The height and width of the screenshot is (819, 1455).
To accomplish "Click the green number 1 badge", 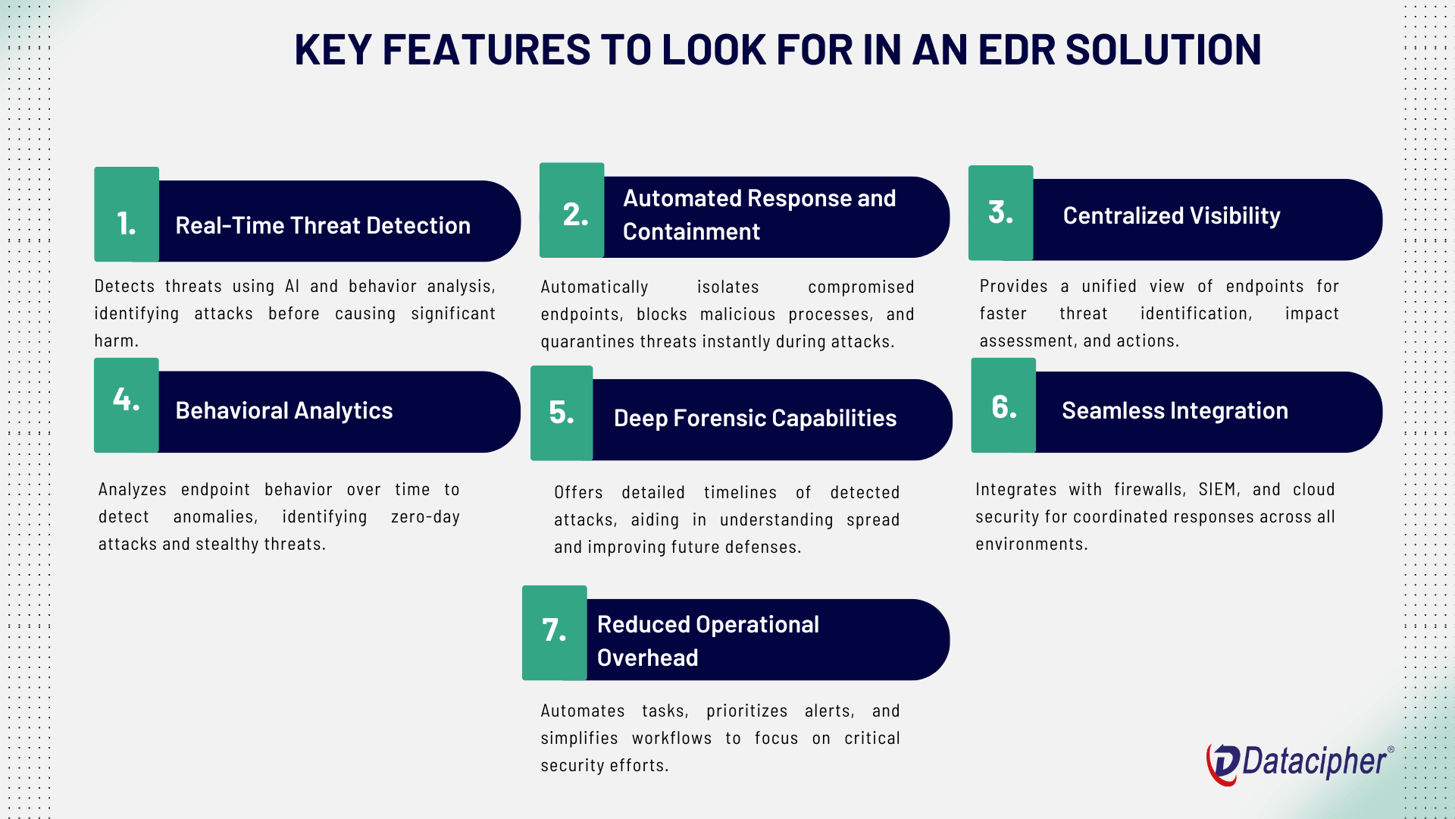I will coord(127,215).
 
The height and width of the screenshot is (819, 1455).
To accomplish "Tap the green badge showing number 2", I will coord(572,210).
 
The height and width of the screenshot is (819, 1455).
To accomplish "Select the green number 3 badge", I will coord(1001,213).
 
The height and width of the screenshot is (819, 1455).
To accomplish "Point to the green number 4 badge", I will coord(127,405).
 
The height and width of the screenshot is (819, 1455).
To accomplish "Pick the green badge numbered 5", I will coord(562,413).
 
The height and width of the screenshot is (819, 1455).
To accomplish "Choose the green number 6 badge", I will coord(1003,406).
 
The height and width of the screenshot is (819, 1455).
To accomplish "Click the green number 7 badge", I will coord(555,632).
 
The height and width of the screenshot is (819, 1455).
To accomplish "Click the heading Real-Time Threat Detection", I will coord(323,225).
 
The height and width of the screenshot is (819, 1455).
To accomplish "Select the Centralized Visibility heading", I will coord(1172,215).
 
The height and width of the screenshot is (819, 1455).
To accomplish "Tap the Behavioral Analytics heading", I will coord(284,410).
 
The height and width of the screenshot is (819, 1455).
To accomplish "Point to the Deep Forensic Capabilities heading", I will coord(755,418).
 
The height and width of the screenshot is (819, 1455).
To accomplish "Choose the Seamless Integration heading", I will coord(1175,410).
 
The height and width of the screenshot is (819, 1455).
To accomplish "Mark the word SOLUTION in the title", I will coord(1163,50).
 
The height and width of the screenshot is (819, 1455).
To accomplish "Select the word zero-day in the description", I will coord(425,517).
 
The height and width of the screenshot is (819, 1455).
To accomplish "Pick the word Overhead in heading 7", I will coord(648,657).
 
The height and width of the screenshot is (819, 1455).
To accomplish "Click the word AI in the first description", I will coord(292,287).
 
